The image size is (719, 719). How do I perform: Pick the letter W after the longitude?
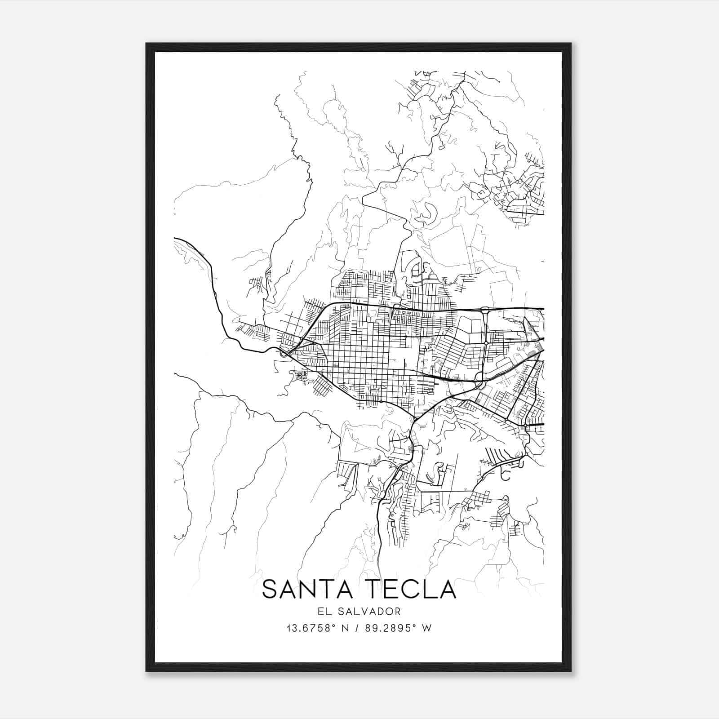(427, 628)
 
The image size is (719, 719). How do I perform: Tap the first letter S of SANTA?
(271, 589)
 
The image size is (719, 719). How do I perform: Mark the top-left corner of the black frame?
(147, 44)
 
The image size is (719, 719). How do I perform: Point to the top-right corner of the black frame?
(570, 44)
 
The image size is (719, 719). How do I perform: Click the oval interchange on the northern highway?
(485, 309)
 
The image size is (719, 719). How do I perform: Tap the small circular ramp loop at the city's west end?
(284, 354)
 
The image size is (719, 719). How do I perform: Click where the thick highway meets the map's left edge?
(175, 238)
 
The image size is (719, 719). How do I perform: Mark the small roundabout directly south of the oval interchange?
(486, 343)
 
